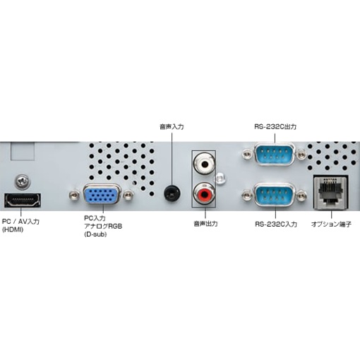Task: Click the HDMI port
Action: pyautogui.click(x=23, y=200)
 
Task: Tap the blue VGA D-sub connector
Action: pyautogui.click(x=102, y=194)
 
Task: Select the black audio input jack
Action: pyautogui.click(x=172, y=193)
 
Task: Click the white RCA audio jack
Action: pyautogui.click(x=204, y=163)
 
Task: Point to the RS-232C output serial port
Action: pyautogui.click(x=275, y=155)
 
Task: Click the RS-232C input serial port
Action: pyautogui.click(x=275, y=194)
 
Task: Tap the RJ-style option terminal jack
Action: pyautogui.click(x=331, y=193)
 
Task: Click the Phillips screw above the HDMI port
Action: pyautogui.click(x=23, y=181)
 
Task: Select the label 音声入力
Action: pyautogui.click(x=172, y=127)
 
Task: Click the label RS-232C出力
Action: pyautogui.click(x=275, y=127)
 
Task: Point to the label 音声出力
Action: pyautogui.click(x=205, y=224)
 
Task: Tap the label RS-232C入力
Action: pyautogui.click(x=276, y=224)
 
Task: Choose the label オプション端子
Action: pyautogui.click(x=331, y=224)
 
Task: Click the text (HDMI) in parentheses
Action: pyautogui.click(x=13, y=230)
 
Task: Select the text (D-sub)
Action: pyautogui.click(x=95, y=234)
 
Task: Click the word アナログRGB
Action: pyautogui.click(x=103, y=227)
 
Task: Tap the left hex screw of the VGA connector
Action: pyautogui.click(x=74, y=195)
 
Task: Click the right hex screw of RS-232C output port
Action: pyautogui.click(x=301, y=155)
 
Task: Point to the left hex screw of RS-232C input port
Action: pyautogui.click(x=247, y=195)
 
